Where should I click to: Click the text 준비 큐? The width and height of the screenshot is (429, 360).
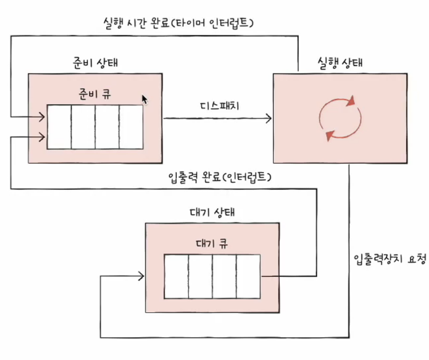[94, 94]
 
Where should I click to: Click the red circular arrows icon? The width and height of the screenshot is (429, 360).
[339, 119]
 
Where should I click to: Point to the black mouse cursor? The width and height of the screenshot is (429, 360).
[145, 99]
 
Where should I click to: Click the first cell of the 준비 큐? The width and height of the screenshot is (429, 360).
[59, 127]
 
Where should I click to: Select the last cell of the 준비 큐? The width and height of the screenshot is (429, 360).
[131, 127]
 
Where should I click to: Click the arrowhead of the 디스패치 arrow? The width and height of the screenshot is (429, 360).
[268, 118]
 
